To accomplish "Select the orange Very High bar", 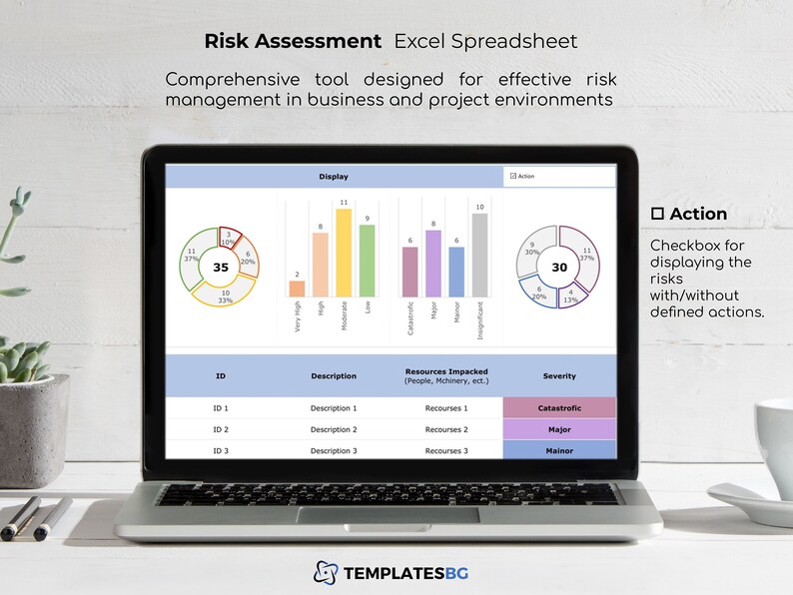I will [x=297, y=289].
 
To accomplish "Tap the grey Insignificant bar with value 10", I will [x=479, y=256].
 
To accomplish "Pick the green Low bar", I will [x=368, y=261].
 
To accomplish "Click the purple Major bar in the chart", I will [x=432, y=264].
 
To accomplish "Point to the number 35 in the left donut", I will [x=221, y=268].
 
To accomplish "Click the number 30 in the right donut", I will [x=559, y=268].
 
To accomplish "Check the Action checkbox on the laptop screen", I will [x=512, y=176].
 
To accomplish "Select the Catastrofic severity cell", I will [x=559, y=408].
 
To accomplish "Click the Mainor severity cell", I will [x=559, y=451].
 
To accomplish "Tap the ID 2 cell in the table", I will [x=221, y=429].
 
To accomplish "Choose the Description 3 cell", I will [x=333, y=451].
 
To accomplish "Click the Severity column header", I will [x=559, y=376].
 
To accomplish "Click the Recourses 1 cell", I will [x=446, y=408].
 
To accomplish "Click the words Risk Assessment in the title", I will [x=293, y=41].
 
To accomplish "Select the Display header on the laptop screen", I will [x=334, y=177].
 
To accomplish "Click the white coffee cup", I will [x=774, y=439].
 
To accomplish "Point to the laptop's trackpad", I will [x=399, y=515].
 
